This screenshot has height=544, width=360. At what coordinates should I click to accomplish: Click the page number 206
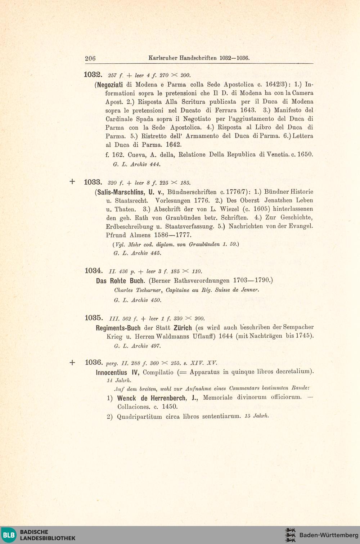[x=90, y=58]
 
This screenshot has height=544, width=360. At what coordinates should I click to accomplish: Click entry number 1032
[x=93, y=75]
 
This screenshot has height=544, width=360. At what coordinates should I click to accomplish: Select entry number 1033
[x=93, y=182]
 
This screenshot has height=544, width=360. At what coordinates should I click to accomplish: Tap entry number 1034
[x=94, y=270]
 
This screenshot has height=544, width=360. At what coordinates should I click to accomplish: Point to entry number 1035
[x=94, y=318]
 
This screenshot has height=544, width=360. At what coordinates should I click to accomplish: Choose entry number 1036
[x=94, y=362]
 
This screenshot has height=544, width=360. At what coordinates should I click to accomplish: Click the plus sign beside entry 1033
[x=72, y=182]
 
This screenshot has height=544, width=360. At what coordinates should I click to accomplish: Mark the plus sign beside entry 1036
[x=72, y=362]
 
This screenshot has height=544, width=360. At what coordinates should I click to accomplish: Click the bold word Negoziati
[x=110, y=85]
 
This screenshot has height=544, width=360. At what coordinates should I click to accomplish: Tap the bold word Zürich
[x=183, y=328]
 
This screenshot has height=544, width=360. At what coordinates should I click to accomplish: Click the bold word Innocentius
[x=111, y=372]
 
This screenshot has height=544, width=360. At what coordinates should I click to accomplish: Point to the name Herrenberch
[x=168, y=398]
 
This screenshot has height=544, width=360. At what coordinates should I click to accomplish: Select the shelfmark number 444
[x=155, y=165]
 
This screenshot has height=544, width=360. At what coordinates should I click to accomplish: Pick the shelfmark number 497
[x=156, y=346]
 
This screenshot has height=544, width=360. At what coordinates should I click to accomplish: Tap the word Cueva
[x=136, y=155]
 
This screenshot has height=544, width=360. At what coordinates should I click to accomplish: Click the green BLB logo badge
[x=9, y=535]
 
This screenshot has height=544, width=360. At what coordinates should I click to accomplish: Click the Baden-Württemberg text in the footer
[x=329, y=535]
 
